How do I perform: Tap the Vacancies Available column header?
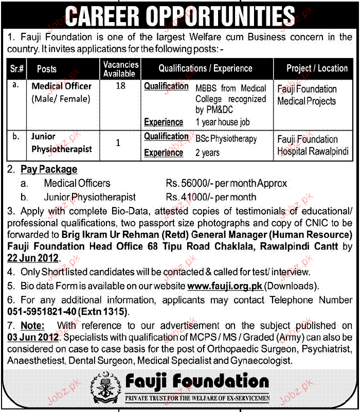click(121, 69)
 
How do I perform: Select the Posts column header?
click(47, 69)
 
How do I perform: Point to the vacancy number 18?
click(120, 86)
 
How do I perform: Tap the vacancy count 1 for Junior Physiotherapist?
click(118, 143)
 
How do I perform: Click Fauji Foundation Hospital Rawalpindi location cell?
click(313, 145)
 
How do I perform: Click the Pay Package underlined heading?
click(49, 169)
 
